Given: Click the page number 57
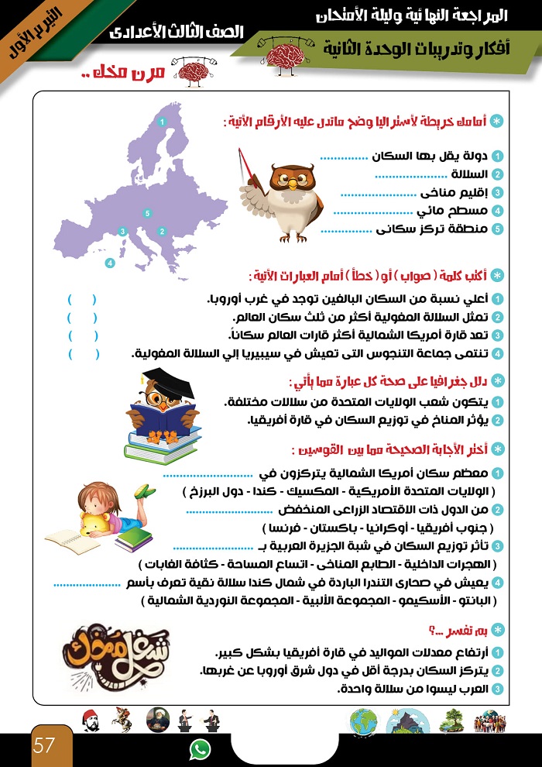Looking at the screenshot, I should [x=44, y=747].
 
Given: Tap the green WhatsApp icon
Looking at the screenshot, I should [x=200, y=748].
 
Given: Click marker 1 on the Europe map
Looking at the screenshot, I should [x=161, y=122].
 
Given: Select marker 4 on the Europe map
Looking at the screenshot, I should [x=110, y=263].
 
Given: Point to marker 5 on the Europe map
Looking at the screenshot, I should [x=146, y=212].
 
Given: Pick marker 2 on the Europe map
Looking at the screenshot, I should [x=161, y=231].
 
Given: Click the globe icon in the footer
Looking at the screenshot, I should [x=363, y=721].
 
